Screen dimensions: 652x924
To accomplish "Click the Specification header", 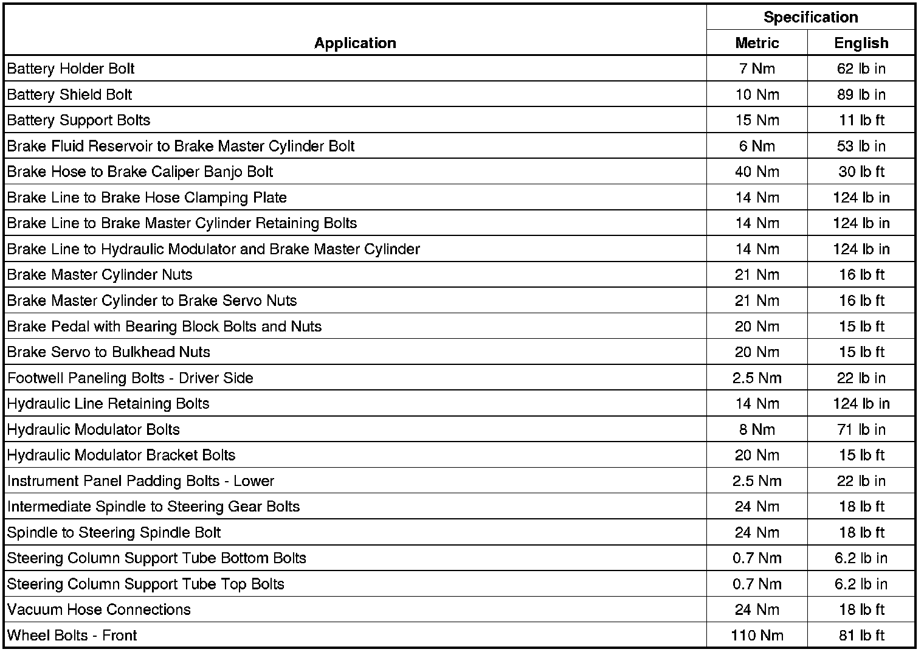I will pos(810,17).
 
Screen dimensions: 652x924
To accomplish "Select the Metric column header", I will pos(757,43).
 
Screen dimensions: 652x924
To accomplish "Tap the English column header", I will pos(861,43).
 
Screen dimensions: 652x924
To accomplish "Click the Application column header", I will pos(355,43).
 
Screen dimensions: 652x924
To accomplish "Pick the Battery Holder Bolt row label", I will pos(71,69).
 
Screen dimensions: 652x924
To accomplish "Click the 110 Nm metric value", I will pos(757,636).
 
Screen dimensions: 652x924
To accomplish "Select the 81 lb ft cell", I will pos(861,636).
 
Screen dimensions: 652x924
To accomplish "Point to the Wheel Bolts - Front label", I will pos(72,636).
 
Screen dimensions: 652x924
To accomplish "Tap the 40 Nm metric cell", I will pos(757,172).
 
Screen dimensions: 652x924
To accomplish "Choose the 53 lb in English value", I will pos(861,146).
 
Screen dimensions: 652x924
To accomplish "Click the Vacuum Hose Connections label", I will pos(98,609).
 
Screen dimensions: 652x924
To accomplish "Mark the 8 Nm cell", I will pos(757,429).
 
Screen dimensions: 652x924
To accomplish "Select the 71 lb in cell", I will pos(861,429).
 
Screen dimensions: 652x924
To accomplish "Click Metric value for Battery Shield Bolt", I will pos(757,94).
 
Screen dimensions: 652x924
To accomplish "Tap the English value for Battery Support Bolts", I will pos(861,120).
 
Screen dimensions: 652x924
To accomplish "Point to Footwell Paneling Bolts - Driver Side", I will pos(130,378).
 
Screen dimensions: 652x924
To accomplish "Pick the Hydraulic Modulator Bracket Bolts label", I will pos(121,455).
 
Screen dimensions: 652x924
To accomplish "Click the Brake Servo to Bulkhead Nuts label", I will pos(108,352).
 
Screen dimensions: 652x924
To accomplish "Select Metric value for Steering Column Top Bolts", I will pos(757,584).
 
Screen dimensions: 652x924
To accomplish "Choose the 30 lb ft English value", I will pos(861,172).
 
